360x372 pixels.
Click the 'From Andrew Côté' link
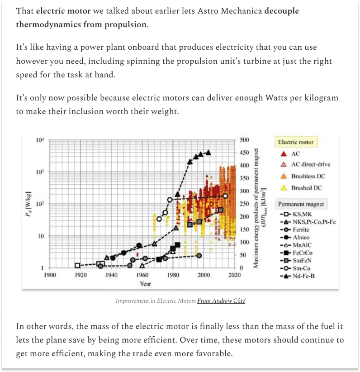(x=221, y=300)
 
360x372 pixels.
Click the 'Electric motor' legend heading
(x=295, y=142)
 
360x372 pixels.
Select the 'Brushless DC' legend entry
(x=308, y=176)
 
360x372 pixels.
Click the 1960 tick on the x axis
(x=142, y=275)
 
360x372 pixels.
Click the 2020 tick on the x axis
(x=234, y=275)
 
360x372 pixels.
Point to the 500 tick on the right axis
(x=244, y=140)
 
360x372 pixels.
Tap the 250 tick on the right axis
(x=244, y=204)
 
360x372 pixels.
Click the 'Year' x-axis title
(x=145, y=284)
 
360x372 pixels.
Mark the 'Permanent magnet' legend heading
(x=301, y=204)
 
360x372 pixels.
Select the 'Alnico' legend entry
(x=301, y=237)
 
